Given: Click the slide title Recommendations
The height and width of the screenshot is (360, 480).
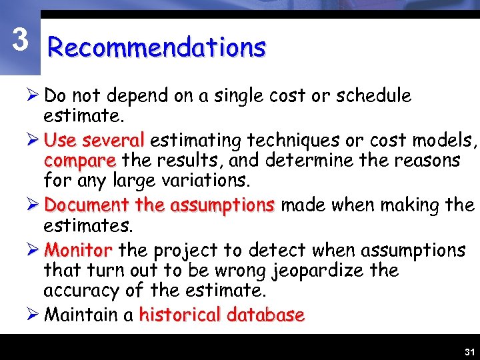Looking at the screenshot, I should point(157,48).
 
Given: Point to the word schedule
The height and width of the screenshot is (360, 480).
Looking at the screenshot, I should point(373,96).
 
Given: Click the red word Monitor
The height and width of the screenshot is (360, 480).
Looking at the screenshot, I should point(78,251).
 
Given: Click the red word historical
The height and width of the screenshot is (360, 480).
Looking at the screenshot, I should point(179,315).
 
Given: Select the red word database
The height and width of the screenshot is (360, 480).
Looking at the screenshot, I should point(265,315).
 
